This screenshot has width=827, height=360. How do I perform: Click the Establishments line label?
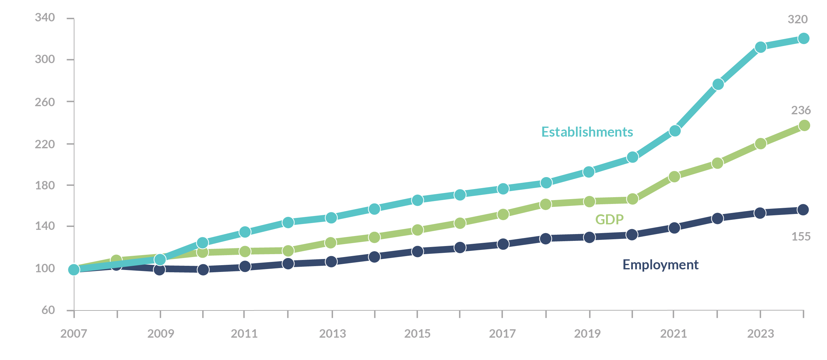click(587, 132)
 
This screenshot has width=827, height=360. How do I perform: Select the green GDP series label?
click(609, 219)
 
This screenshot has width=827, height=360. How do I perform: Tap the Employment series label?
click(660, 265)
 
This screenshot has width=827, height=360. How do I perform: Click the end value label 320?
click(797, 19)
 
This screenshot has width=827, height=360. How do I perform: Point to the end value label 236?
click(801, 110)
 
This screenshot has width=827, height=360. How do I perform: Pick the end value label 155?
click(801, 237)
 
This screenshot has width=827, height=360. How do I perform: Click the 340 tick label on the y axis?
click(45, 17)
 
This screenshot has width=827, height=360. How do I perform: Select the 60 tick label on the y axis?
click(48, 310)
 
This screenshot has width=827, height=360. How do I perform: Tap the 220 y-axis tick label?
click(45, 144)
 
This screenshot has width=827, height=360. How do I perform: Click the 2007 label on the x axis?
click(73, 333)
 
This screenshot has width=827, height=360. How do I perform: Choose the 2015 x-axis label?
click(417, 333)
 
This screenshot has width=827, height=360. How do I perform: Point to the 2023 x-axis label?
click(760, 333)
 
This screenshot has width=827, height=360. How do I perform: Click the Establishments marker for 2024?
click(804, 39)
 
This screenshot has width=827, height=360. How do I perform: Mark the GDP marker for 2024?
click(804, 125)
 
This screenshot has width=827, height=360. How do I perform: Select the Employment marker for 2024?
click(803, 210)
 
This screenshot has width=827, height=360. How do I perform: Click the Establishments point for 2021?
click(675, 131)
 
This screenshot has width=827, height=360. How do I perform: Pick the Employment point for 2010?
click(203, 269)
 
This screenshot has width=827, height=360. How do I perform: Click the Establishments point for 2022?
click(718, 84)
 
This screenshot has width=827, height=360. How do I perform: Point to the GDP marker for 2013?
click(331, 242)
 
